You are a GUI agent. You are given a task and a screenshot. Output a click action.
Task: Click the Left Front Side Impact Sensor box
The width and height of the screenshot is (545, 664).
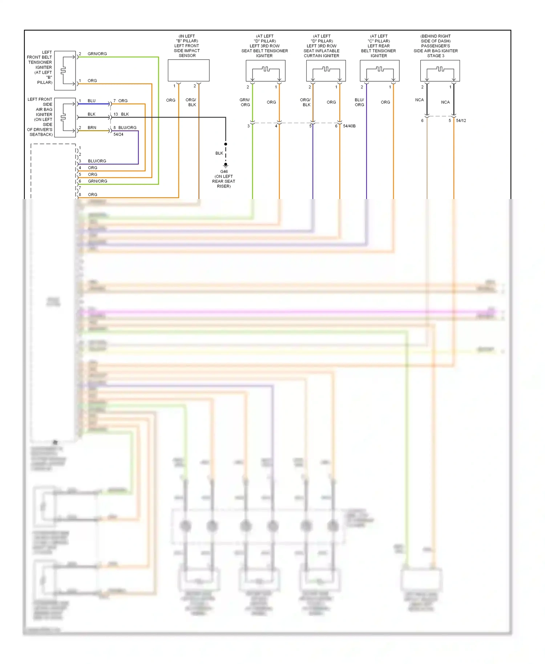coord(188,70)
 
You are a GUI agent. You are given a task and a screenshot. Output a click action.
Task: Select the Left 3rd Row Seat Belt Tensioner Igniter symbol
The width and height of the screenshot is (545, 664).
coord(265,70)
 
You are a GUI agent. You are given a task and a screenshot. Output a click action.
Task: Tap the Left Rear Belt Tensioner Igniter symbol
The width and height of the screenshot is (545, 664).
coord(379,70)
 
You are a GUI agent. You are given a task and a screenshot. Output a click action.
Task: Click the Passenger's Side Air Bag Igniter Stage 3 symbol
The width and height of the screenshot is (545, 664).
coord(440,70)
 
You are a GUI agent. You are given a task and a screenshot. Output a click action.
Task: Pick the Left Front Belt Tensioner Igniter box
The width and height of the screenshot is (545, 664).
coord(65,70)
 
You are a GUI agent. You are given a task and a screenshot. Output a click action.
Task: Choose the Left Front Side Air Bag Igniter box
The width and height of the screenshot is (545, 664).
coord(65,117)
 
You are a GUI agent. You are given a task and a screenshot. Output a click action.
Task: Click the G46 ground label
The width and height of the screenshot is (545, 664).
coord(224,171)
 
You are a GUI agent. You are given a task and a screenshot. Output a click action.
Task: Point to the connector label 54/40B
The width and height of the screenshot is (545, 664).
coord(349,126)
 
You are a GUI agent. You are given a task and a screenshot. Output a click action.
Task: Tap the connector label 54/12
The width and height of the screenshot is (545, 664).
coord(461,121)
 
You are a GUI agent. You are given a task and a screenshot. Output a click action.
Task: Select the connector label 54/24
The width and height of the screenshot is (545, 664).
coord(118,134)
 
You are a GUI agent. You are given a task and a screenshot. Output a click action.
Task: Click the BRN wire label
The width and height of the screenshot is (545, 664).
coord(92,127)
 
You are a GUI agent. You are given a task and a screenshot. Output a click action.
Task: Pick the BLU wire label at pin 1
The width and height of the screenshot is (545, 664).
coord(92,101)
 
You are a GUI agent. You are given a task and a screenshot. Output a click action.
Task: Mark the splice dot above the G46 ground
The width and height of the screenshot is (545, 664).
coord(226,144)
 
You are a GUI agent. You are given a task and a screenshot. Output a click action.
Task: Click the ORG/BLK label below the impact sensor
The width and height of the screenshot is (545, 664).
coord(191,102)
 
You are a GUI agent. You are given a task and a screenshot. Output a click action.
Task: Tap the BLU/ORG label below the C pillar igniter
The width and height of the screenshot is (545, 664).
coord(359,102)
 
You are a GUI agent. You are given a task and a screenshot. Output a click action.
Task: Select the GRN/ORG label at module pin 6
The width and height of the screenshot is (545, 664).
coord(97,181)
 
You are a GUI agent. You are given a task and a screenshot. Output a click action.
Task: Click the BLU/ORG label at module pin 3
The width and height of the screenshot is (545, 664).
coord(97,161)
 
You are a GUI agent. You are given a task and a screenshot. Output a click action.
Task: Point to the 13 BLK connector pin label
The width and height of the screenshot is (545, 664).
coord(121,114)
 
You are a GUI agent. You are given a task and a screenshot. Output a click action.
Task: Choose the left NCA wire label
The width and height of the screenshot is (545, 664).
coord(419,100)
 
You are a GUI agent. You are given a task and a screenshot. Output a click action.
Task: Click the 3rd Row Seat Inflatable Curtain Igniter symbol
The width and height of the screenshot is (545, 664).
coord(326,70)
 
